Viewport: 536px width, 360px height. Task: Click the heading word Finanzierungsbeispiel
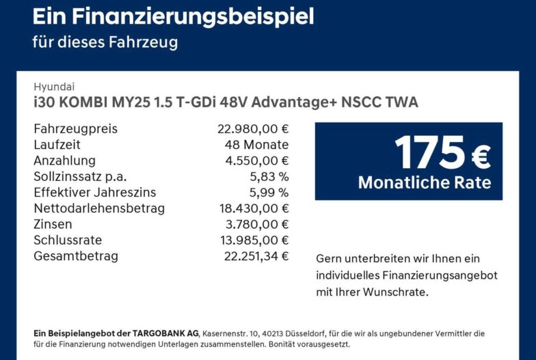(x=193, y=17)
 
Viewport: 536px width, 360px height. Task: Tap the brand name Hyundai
(x=54, y=87)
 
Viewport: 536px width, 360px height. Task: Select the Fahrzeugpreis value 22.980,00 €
(x=253, y=128)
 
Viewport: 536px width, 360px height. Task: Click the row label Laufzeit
(x=57, y=145)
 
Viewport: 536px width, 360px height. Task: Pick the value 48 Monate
(x=257, y=145)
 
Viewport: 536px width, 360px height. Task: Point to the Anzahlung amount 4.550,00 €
(x=257, y=161)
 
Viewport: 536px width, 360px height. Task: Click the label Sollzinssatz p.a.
(x=80, y=177)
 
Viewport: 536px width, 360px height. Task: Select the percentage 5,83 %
(x=269, y=176)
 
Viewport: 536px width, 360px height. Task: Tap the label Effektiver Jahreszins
(x=94, y=193)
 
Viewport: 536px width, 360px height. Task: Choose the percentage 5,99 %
(x=269, y=193)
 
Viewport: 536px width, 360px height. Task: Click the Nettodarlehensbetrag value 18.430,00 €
(x=254, y=208)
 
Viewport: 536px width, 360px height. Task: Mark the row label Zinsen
(x=53, y=224)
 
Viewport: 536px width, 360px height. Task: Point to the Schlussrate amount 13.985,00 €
(x=254, y=240)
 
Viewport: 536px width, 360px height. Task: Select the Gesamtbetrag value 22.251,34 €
(x=256, y=255)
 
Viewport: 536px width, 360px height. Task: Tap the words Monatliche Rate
(x=425, y=182)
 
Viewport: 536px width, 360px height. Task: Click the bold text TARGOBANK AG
(x=165, y=333)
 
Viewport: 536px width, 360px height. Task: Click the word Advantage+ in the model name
(x=294, y=102)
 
